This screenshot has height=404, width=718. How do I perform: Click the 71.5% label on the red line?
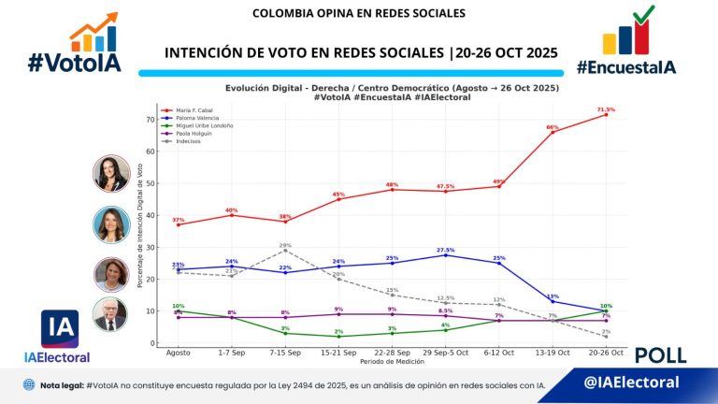(606, 109)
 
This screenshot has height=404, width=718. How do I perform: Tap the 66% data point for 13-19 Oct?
(553, 132)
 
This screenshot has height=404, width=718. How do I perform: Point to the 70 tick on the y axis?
(149, 120)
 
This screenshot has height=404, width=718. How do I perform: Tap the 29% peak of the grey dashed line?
(285, 250)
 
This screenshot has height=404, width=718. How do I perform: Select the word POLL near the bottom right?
(660, 355)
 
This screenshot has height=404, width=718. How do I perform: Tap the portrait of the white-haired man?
(110, 315)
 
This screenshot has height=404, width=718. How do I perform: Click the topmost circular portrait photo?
(110, 174)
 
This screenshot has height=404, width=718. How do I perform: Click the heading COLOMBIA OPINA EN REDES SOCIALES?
(358, 14)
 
